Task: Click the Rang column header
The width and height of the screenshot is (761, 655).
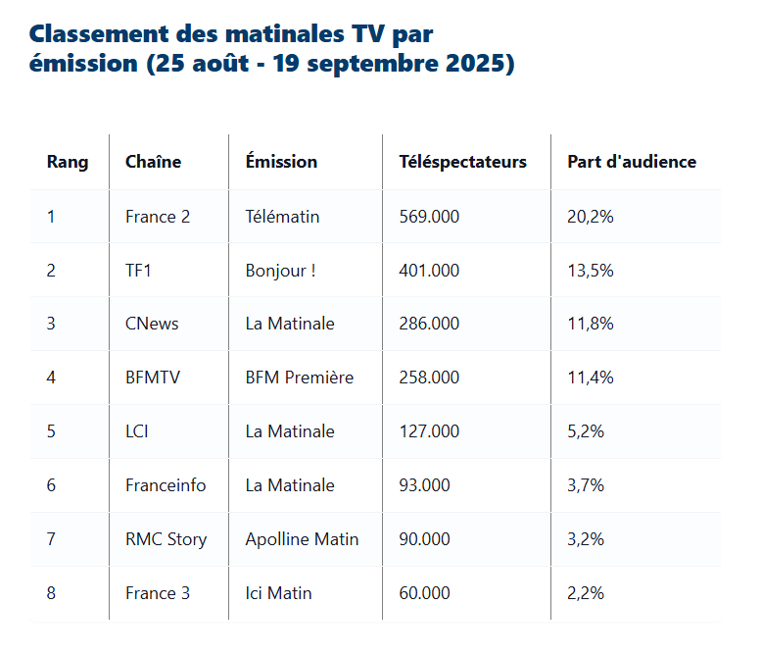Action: [x=68, y=162]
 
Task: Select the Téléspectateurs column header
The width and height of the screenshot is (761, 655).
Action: [x=462, y=162]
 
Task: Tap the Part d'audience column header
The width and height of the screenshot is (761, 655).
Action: [x=632, y=162]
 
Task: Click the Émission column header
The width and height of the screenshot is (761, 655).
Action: [x=281, y=162]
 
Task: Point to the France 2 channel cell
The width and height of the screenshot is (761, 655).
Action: [x=158, y=217]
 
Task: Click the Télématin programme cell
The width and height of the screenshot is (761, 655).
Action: [x=282, y=217]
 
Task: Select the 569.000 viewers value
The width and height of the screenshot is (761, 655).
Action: [x=429, y=217]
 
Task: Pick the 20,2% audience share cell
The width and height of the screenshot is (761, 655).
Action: [x=591, y=217]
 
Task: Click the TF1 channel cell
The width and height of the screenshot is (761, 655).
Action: [x=138, y=271]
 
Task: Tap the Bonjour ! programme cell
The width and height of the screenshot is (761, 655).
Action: [x=280, y=271]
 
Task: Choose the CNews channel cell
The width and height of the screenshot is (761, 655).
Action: [x=152, y=324]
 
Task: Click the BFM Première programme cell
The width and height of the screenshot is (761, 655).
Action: [x=299, y=378]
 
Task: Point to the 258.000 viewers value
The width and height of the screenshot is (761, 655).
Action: [x=429, y=378]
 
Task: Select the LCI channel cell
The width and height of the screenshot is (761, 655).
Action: [x=137, y=431]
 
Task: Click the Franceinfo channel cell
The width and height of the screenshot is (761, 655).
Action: [x=166, y=485]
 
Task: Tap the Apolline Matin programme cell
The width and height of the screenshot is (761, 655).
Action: [x=302, y=539]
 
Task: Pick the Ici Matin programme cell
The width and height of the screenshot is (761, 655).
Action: [x=278, y=593]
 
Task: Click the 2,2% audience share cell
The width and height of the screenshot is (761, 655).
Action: [x=586, y=593]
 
